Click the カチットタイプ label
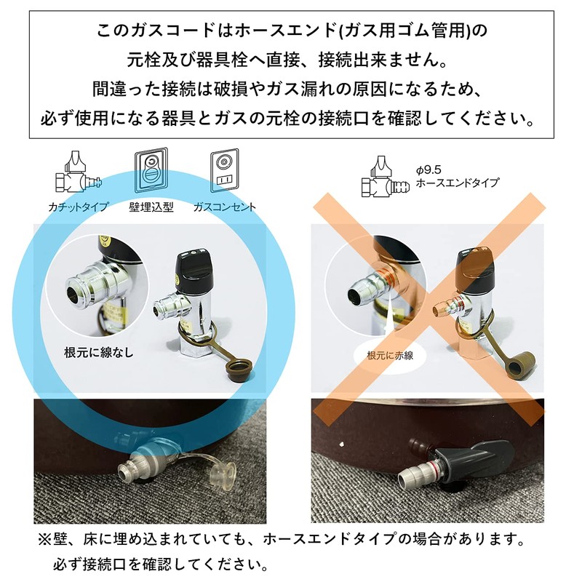pos(80,207)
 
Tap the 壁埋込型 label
pos(151,207)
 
